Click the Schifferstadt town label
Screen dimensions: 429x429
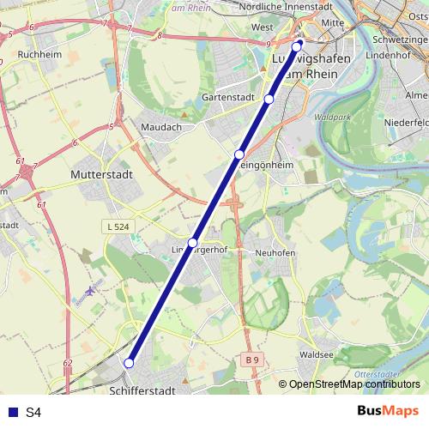[x=143, y=390]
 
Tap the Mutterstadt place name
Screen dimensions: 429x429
[x=96, y=173]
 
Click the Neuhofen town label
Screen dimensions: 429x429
[x=275, y=254]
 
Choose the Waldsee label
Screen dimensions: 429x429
[x=317, y=353]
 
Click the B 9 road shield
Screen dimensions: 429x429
[x=250, y=359]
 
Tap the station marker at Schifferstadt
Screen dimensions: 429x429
[x=130, y=363]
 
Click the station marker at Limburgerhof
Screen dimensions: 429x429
[x=193, y=243]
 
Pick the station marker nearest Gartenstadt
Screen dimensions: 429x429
[x=269, y=100]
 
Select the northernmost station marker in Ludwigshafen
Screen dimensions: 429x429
[x=297, y=45]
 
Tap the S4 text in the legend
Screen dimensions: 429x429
[x=33, y=413]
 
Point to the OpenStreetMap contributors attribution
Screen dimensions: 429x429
[x=353, y=384]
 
